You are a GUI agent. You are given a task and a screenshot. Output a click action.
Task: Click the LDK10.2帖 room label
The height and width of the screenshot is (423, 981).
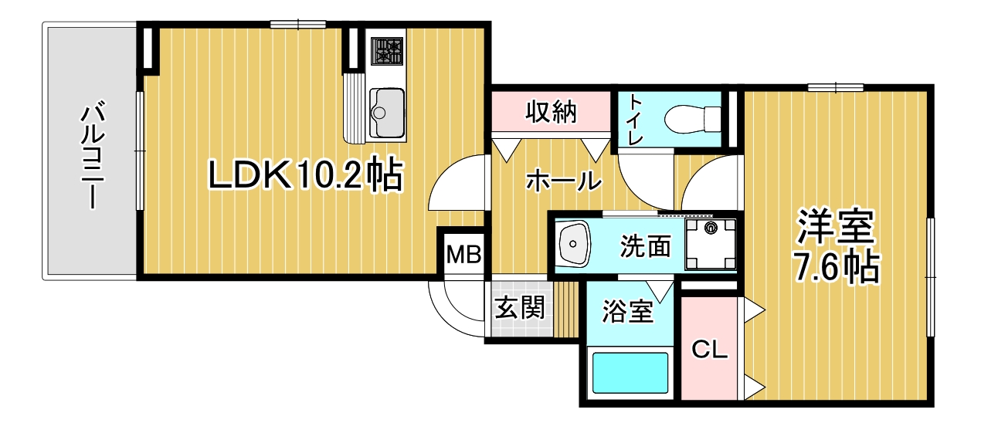[305, 175]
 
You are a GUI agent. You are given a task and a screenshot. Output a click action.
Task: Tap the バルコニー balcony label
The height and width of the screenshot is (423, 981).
[93, 155]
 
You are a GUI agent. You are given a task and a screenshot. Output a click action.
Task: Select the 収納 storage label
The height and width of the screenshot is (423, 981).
[552, 112]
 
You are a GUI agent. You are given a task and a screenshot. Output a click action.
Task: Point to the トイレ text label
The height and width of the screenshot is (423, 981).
[636, 120]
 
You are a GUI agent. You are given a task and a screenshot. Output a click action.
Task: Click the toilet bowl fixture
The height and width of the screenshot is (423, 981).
[692, 118]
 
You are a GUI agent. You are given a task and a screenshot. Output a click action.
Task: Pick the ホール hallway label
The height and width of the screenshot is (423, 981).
[564, 180]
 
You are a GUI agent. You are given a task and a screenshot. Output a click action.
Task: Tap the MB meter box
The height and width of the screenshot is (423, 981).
[463, 254]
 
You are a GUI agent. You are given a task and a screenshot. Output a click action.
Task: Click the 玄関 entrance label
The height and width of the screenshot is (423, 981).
[520, 307]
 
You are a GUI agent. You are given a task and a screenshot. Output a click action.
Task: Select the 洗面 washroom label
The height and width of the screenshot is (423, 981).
[646, 245]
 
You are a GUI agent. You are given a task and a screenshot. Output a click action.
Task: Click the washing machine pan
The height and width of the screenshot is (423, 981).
[711, 244]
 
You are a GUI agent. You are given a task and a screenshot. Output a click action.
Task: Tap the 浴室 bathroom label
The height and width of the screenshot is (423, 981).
[627, 311]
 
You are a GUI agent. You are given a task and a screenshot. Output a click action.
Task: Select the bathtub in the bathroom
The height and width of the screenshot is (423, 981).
[630, 373]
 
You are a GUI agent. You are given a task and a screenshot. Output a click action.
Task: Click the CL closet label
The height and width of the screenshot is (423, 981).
[709, 350]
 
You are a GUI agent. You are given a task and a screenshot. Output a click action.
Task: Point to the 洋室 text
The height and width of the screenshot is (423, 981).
[836, 227]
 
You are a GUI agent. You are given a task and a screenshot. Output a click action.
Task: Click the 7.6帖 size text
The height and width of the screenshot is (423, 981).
[836, 267]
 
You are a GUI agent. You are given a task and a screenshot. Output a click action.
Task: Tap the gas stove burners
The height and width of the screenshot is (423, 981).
[387, 51]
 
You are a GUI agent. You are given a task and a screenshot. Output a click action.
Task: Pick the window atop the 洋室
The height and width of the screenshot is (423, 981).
[836, 87]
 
